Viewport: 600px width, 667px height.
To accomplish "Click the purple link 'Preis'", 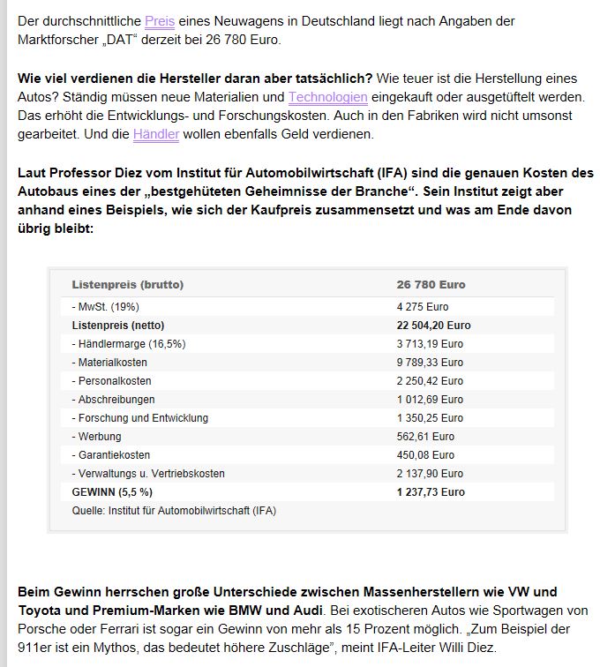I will click(x=160, y=20).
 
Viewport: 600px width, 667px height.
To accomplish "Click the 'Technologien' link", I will click(x=327, y=96).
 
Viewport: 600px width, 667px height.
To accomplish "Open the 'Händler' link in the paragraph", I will click(x=156, y=134).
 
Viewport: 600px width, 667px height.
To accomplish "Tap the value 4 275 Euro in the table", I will click(x=423, y=307).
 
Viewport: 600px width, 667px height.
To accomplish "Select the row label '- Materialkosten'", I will click(x=109, y=363).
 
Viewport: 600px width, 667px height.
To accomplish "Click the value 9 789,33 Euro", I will click(x=430, y=363).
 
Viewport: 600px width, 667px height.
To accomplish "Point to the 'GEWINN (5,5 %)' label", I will click(x=112, y=492).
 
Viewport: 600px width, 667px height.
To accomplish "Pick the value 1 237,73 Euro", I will click(x=431, y=492).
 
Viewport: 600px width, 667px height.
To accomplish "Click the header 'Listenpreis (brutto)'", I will click(x=128, y=285).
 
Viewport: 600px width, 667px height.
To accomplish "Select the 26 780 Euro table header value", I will click(x=431, y=285).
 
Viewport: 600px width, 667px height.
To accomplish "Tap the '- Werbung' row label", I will click(x=97, y=437).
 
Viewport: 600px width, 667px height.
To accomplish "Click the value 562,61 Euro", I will click(x=425, y=437).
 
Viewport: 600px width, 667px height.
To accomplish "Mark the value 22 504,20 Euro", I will click(x=434, y=326).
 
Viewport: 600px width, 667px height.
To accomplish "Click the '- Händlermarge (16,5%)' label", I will click(x=129, y=344).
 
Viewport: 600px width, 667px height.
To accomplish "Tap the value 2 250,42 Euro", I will click(x=430, y=381).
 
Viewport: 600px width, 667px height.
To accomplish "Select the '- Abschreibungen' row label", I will click(x=113, y=400).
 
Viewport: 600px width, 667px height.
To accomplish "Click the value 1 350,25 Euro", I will click(x=430, y=418).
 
